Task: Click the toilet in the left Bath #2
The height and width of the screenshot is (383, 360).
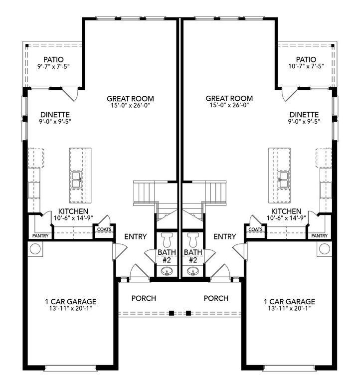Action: pos(168,239)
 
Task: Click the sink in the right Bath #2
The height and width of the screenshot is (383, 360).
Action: pos(192,271)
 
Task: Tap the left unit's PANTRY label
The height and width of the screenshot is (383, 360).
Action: pos(40,236)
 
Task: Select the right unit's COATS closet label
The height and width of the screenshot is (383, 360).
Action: pos(255,229)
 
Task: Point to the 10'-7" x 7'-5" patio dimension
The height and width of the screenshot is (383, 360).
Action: pos(306,66)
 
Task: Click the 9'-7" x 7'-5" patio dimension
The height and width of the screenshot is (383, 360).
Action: pos(53,66)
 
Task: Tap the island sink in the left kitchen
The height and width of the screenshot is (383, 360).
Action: pos(77,180)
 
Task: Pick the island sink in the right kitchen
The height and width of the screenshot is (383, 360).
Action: pos(283,180)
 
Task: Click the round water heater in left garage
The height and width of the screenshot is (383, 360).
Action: pos(35,249)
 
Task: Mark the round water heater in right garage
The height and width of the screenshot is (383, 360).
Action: pos(324,249)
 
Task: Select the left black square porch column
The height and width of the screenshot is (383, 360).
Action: pos(172,313)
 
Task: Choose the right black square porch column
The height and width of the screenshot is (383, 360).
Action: pos(188,313)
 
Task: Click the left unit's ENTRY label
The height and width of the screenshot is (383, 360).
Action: pos(136,236)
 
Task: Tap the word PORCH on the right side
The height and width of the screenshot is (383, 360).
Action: pos(216,298)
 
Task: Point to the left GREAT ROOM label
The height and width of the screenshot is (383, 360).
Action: pos(131,99)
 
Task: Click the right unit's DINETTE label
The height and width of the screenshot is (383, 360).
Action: pos(304,115)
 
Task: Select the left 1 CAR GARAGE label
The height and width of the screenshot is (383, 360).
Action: pos(71,301)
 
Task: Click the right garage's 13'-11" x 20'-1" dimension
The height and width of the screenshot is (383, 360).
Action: pos(289,308)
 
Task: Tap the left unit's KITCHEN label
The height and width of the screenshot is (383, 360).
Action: pos(73,211)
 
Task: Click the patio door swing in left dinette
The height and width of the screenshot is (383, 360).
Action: pos(70,94)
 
